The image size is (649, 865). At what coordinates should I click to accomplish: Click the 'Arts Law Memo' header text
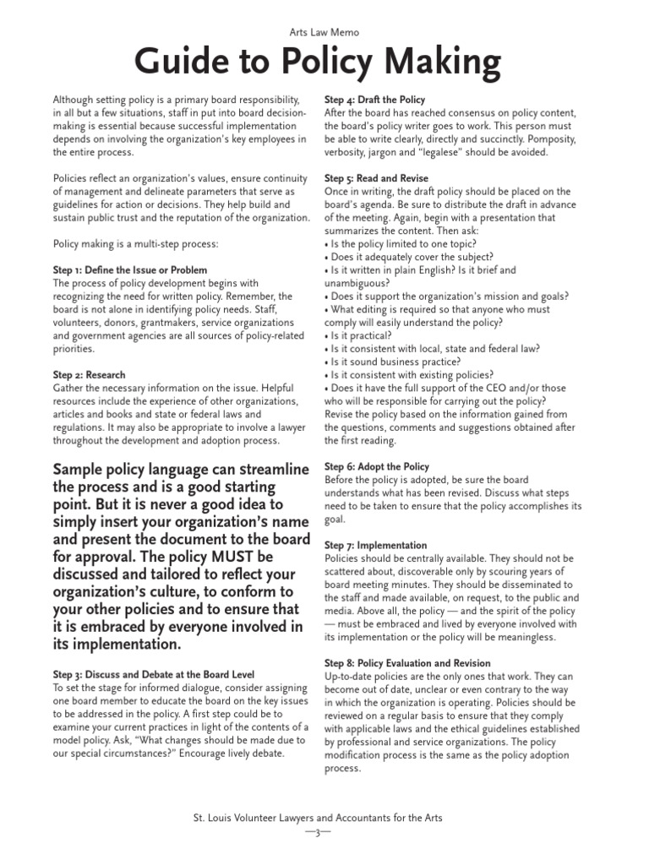point(324,32)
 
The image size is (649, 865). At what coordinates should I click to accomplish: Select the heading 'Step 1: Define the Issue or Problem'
point(129,270)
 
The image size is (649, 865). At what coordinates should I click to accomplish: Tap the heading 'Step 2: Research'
point(89,375)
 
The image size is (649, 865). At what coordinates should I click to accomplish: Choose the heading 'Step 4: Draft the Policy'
point(374,100)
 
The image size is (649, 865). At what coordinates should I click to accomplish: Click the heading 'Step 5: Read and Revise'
point(376,179)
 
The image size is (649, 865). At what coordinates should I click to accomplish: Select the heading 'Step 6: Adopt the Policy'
point(377,466)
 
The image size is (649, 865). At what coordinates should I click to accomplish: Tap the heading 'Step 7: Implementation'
point(375,546)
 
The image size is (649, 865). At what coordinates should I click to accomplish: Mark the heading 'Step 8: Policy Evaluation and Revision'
point(407,664)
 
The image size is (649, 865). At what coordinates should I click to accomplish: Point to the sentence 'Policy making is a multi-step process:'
point(135,244)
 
